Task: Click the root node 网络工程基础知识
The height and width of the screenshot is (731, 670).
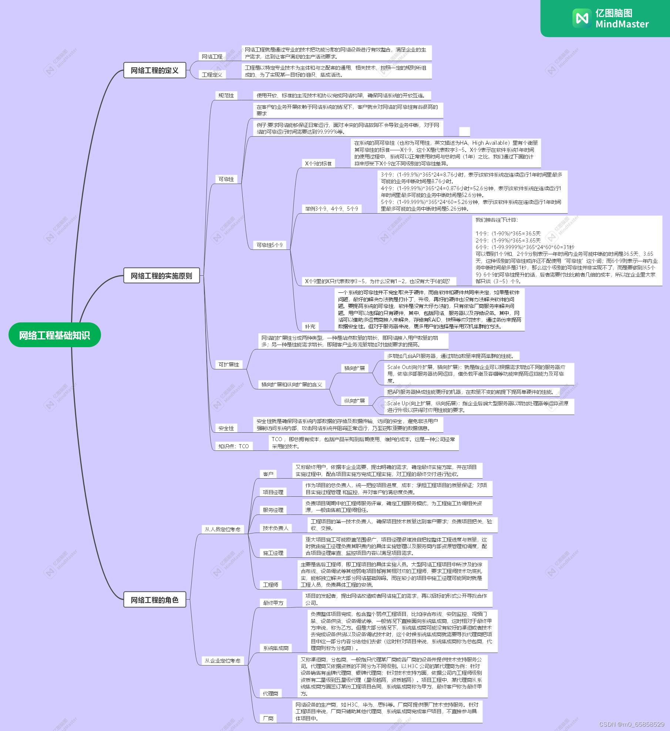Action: click(54, 335)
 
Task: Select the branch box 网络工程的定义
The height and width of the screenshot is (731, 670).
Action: click(154, 70)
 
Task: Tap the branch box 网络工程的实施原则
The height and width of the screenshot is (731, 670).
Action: click(161, 276)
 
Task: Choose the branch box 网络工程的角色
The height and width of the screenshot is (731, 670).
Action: click(154, 600)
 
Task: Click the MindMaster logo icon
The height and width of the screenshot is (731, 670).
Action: click(582, 18)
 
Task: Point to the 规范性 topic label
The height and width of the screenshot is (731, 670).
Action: click(226, 95)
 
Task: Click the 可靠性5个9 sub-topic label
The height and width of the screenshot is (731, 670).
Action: click(270, 245)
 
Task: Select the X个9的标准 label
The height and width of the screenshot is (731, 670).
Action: click(318, 164)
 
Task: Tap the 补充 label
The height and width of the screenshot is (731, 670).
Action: click(310, 326)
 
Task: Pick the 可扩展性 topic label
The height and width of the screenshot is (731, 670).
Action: click(229, 365)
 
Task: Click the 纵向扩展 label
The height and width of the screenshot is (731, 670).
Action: click(354, 401)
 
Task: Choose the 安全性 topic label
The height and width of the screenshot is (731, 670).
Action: click(226, 428)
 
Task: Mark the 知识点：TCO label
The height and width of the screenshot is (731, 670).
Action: click(233, 446)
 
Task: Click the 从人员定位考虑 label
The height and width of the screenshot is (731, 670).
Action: click(222, 529)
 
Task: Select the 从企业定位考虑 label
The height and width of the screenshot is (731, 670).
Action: click(222, 661)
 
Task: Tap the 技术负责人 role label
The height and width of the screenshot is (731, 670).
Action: click(275, 528)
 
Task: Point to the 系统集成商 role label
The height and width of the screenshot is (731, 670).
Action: click(276, 648)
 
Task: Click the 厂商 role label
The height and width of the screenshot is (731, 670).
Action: click(268, 718)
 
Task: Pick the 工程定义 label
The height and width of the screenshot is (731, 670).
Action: click(212, 75)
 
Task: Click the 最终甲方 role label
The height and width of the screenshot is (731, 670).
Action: click(273, 603)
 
